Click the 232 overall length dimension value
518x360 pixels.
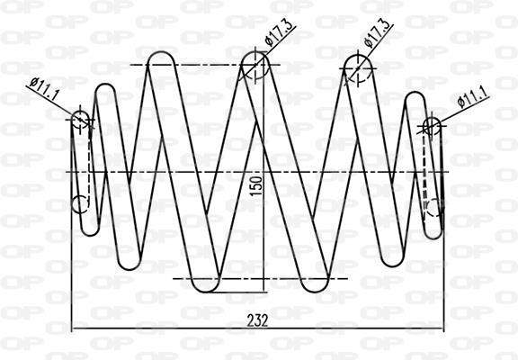click(x=257, y=320)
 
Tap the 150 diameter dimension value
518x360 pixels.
click(x=256, y=185)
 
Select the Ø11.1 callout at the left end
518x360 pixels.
click(x=44, y=88)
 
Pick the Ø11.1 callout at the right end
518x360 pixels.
click(x=473, y=98)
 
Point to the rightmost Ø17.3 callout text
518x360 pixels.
click(x=377, y=36)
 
